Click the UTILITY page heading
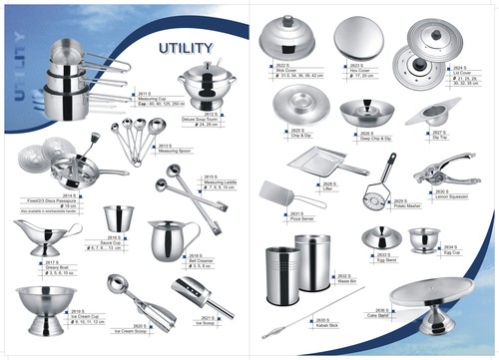[x=186, y=47]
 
